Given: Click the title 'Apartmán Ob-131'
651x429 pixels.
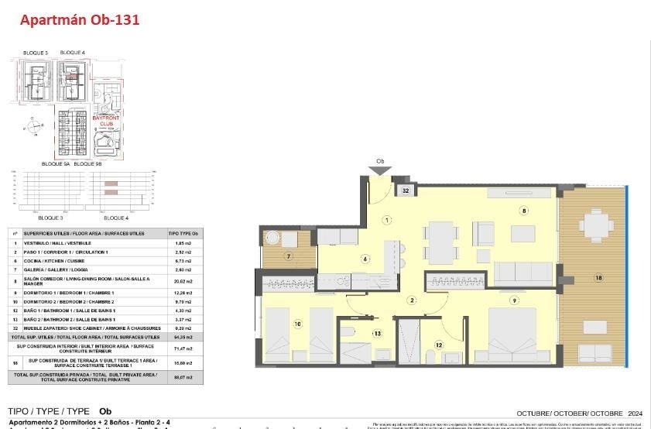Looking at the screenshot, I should click(x=80, y=21).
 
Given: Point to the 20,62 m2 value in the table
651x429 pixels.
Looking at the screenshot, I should click(x=183, y=282).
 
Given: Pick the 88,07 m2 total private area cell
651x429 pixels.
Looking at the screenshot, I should click(x=183, y=376).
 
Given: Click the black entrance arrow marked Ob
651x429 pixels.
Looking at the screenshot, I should click(x=380, y=170).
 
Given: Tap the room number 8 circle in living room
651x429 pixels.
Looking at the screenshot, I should click(x=524, y=210).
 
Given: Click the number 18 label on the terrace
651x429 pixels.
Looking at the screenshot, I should click(x=598, y=277).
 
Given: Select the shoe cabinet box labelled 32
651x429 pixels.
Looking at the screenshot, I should click(x=406, y=189).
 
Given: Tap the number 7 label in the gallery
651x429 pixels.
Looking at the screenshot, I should click(x=288, y=256).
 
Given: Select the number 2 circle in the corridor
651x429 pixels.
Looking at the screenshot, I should click(x=413, y=300).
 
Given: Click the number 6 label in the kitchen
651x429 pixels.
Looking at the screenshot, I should click(x=365, y=259).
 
